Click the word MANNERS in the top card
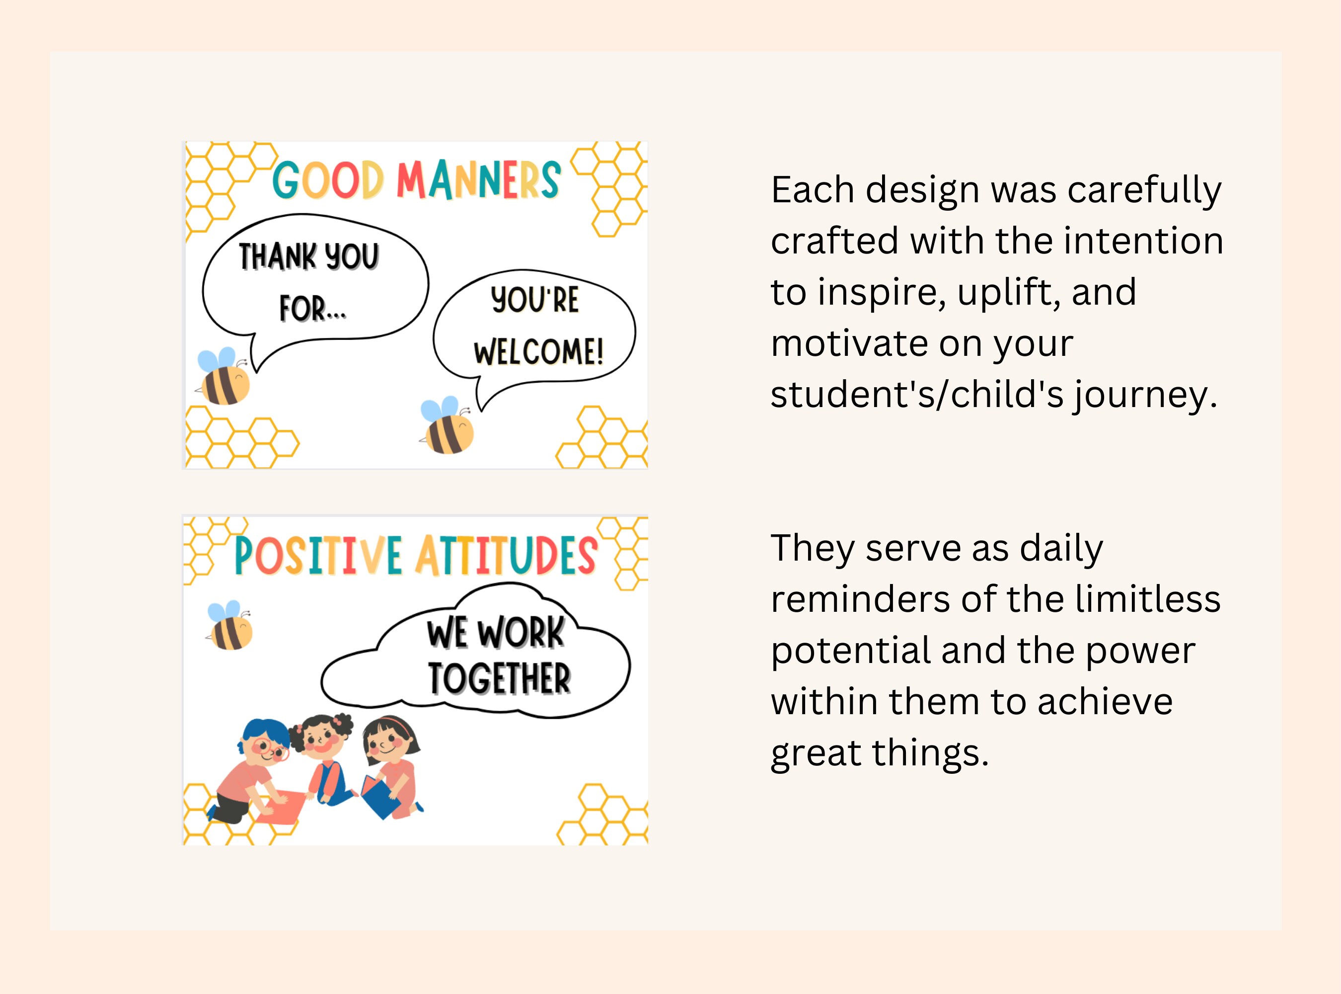(x=478, y=179)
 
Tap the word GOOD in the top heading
(x=328, y=180)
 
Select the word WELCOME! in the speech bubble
(x=538, y=352)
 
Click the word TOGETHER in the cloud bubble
(x=499, y=679)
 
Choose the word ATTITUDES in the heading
(x=506, y=555)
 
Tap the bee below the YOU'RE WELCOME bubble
(x=448, y=426)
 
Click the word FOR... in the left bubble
(x=313, y=309)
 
